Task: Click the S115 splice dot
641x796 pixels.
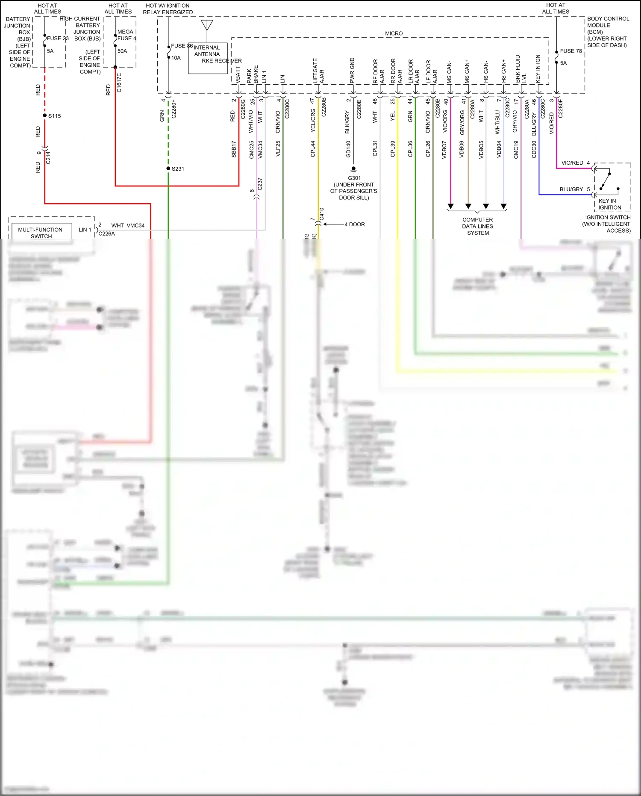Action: (44, 115)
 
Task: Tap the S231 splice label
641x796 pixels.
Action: (178, 169)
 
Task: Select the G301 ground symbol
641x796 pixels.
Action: (353, 169)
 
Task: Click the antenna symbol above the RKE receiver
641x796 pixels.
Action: (207, 25)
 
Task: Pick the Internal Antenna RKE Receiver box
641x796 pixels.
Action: (208, 59)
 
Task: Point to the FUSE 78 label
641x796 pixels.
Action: (570, 51)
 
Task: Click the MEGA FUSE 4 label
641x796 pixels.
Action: (126, 35)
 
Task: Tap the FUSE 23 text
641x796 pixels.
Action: (58, 38)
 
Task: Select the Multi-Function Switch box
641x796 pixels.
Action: (41, 233)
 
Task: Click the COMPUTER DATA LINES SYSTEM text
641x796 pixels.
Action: (477, 226)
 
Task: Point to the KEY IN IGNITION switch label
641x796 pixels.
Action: (609, 204)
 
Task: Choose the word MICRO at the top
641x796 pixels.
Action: (394, 33)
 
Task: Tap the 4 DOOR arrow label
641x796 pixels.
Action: (354, 225)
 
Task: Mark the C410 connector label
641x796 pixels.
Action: (322, 214)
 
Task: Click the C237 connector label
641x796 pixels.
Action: (260, 184)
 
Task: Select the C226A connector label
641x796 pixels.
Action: (107, 234)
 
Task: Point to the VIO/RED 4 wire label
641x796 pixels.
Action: (575, 163)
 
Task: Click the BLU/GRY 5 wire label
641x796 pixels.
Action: (574, 189)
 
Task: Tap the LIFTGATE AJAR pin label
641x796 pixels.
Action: (318, 71)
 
